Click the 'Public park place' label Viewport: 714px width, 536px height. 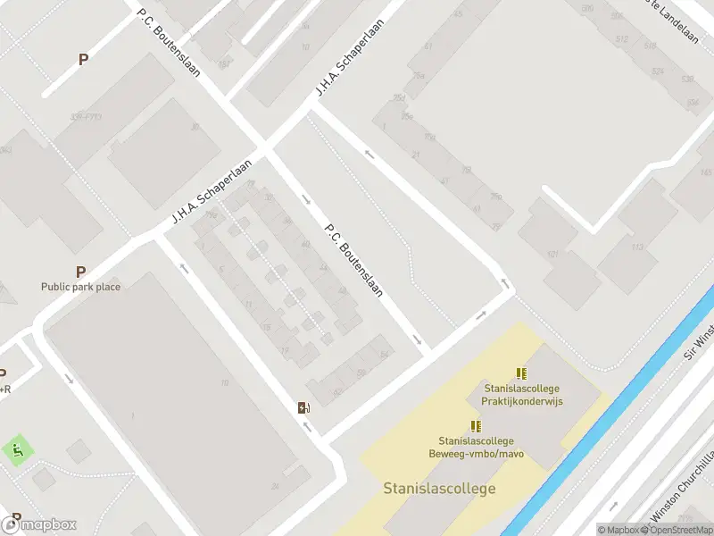[x=80, y=287]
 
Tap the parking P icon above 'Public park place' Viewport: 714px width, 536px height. [x=81, y=272]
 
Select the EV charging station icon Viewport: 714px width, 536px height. [x=303, y=408]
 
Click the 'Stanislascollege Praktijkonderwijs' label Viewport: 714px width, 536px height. [x=521, y=395]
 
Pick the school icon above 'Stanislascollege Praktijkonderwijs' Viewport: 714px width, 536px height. [x=521, y=373]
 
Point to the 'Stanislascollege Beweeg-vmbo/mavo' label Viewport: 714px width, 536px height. [x=476, y=447]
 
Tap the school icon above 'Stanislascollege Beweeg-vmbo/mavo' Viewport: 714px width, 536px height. [x=476, y=426]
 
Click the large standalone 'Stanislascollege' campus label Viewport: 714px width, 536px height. [x=439, y=489]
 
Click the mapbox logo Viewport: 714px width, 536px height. [x=39, y=524]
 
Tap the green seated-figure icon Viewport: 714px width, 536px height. [x=18, y=450]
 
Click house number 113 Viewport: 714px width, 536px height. [x=637, y=247]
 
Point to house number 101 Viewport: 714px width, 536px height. [x=553, y=255]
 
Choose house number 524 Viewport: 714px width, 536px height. [x=658, y=71]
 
